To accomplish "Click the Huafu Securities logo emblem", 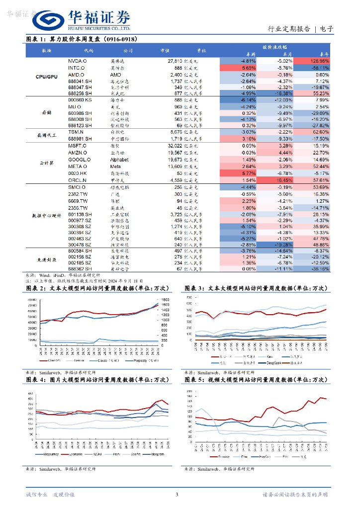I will pos(47,21).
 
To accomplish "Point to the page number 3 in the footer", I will pos(177,495).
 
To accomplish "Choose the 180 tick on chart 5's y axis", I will pos(189,392).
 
